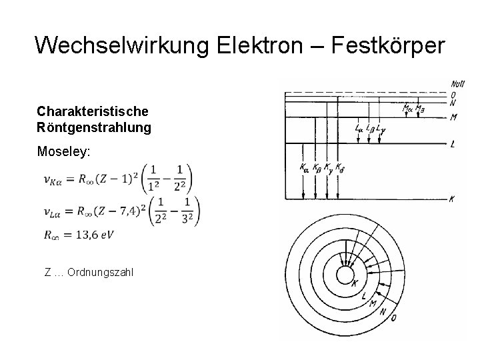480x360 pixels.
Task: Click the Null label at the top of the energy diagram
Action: click(x=458, y=84)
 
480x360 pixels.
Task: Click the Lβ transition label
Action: click(x=369, y=127)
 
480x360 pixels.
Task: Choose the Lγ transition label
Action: click(x=380, y=127)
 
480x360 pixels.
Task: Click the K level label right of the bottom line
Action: click(x=453, y=199)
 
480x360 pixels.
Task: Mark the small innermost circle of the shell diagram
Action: click(x=345, y=275)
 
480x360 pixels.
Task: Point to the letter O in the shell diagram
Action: click(x=394, y=319)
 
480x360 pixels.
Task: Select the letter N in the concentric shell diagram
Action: click(x=382, y=311)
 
